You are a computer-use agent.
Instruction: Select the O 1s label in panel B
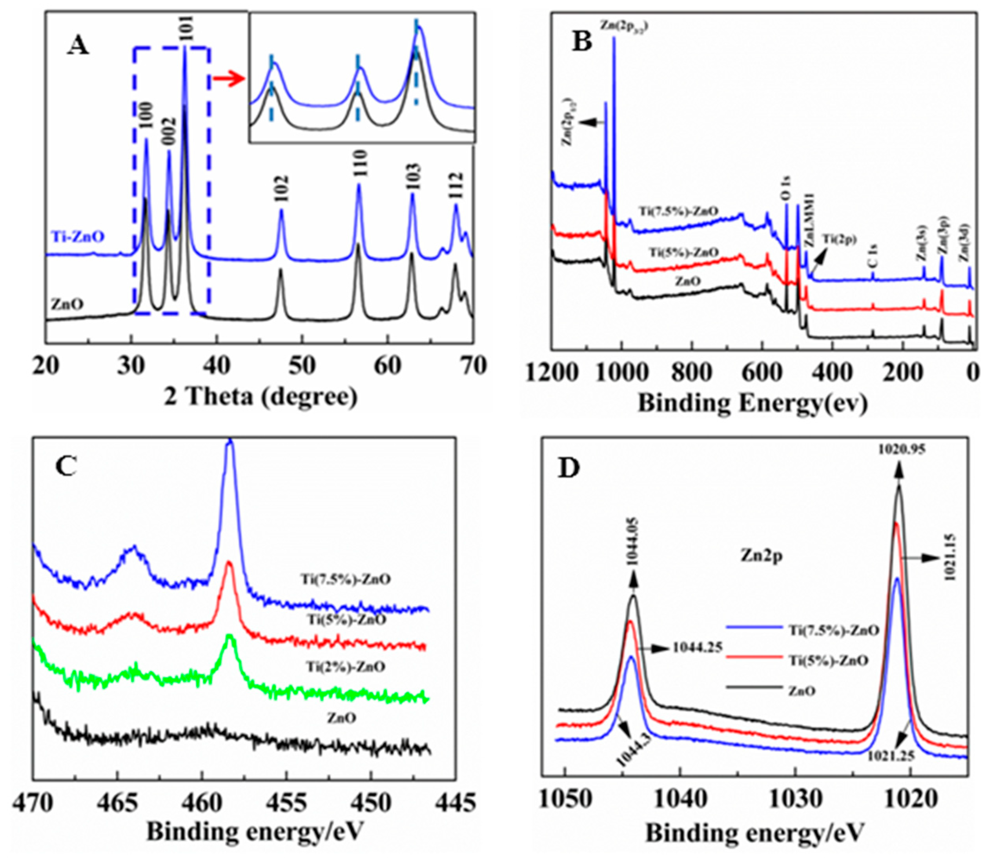click(787, 189)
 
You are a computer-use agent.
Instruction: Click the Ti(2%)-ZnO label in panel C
click(345, 667)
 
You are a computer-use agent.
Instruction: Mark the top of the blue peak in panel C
click(230, 440)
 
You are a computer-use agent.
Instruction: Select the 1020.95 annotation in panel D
click(899, 450)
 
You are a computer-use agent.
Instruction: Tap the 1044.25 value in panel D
click(697, 648)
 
